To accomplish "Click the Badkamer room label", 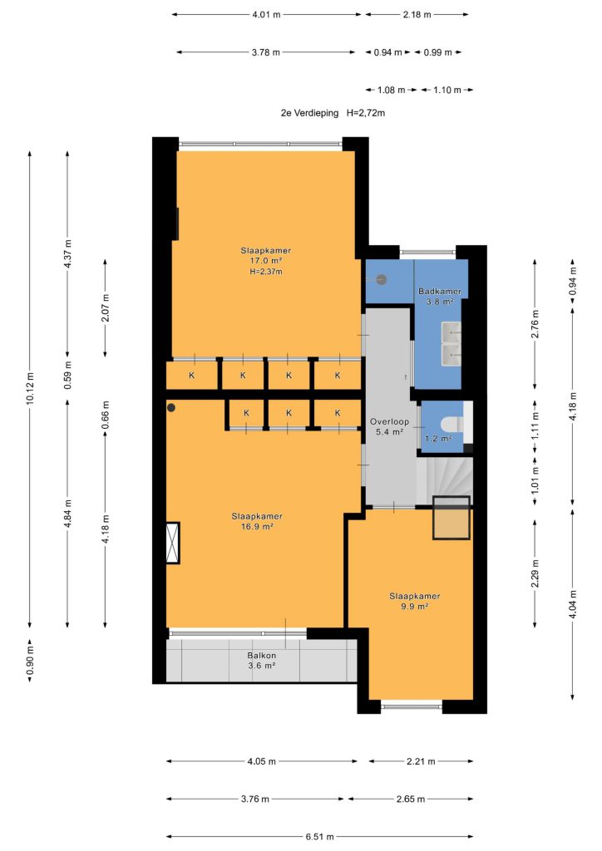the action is pyautogui.click(x=440, y=292).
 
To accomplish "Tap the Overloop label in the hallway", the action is pyautogui.click(x=389, y=421).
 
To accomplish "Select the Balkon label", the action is pyautogui.click(x=262, y=656).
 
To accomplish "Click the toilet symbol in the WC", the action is pyautogui.click(x=451, y=423).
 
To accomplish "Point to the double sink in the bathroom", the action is pyautogui.click(x=451, y=343).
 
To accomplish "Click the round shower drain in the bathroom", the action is pyautogui.click(x=382, y=279).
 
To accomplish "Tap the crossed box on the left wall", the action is pyautogui.click(x=173, y=543).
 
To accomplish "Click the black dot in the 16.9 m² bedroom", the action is pyautogui.click(x=171, y=407).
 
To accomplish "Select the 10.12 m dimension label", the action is pyautogui.click(x=30, y=387).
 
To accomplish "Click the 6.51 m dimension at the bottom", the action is pyautogui.click(x=320, y=837).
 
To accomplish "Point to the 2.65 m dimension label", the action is pyautogui.click(x=411, y=799).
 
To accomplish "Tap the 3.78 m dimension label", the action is pyautogui.click(x=266, y=52).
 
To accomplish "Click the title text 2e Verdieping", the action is pyautogui.click(x=309, y=113).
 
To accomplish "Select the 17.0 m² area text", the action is pyautogui.click(x=266, y=261).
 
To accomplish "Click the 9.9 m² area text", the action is pyautogui.click(x=415, y=606).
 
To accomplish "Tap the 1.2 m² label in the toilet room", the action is pyautogui.click(x=438, y=438).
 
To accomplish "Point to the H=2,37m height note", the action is pyautogui.click(x=266, y=272).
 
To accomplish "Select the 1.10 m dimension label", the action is pyautogui.click(x=447, y=90).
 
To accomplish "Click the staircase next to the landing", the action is pyautogui.click(x=444, y=481).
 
